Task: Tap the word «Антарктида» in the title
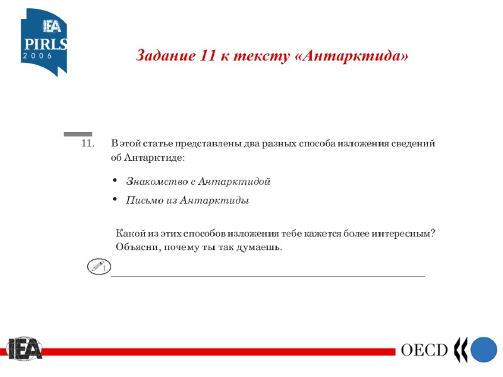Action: [x=351, y=57]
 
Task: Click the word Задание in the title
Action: [x=165, y=57]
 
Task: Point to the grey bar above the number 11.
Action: [x=78, y=134]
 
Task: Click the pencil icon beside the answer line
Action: [x=97, y=267]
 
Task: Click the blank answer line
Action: [x=267, y=275]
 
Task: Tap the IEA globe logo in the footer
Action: [x=23, y=349]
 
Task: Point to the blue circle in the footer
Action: [x=484, y=350]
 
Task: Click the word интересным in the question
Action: [x=402, y=233]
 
